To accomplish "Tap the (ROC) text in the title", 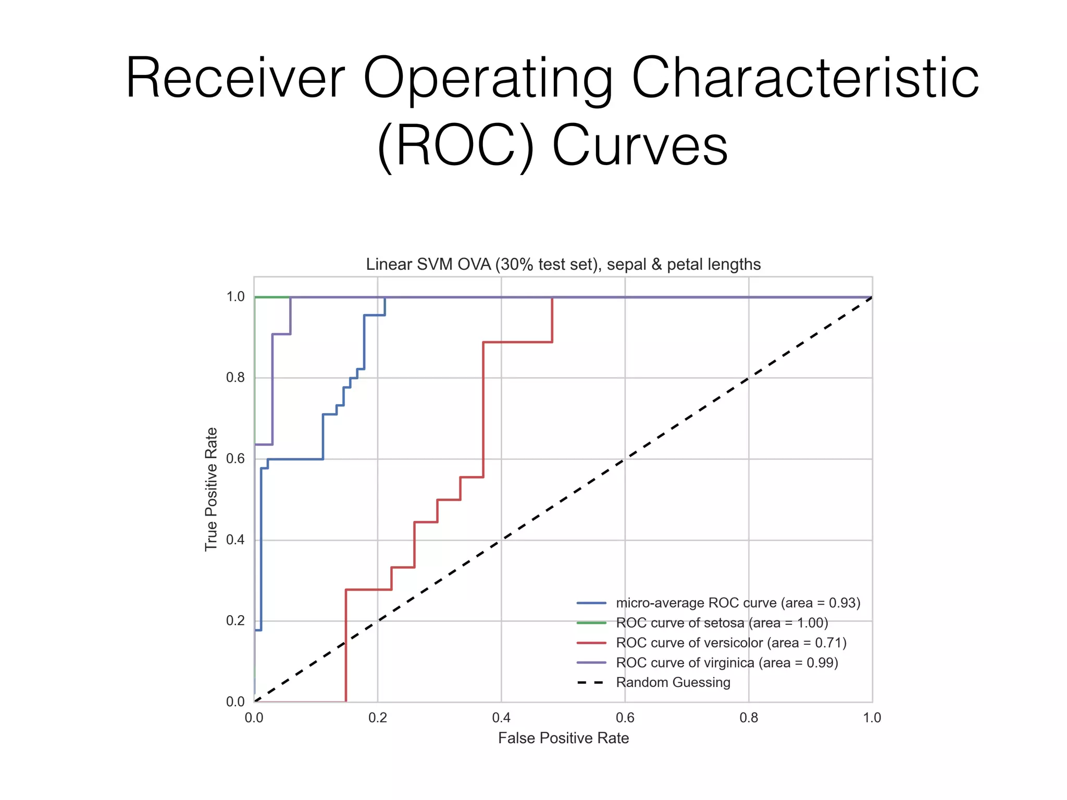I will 455,146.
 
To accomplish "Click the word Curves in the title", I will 640,146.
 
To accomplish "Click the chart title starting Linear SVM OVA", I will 563,264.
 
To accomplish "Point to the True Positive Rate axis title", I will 211,489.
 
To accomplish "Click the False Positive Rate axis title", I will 563,738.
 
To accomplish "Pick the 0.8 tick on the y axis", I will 235,378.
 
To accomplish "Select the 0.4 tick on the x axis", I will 501,718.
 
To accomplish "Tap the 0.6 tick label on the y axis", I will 235,458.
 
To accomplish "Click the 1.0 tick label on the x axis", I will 872,718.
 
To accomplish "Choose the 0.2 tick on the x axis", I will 377,718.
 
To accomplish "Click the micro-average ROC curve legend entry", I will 738,603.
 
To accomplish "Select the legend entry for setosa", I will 722,623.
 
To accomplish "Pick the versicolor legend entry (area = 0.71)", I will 731,643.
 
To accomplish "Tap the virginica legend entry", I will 727,662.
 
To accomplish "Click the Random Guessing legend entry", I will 673,682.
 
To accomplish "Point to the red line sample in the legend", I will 591,643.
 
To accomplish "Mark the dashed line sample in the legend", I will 591,682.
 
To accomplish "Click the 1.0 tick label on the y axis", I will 235,297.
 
